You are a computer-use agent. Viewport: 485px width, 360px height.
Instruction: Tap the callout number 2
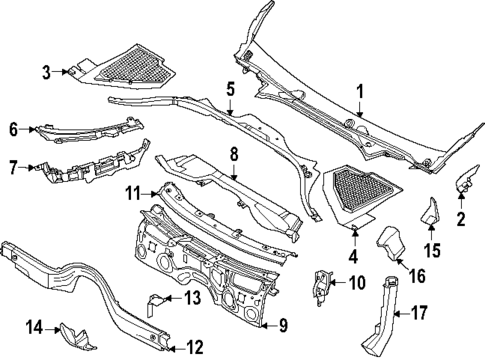point(461,217)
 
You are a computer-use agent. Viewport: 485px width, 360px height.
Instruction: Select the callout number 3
point(45,72)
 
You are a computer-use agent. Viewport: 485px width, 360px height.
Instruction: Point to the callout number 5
point(231,88)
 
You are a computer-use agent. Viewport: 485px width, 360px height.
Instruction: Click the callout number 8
point(233,154)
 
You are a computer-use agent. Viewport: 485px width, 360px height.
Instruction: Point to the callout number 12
point(196,347)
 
